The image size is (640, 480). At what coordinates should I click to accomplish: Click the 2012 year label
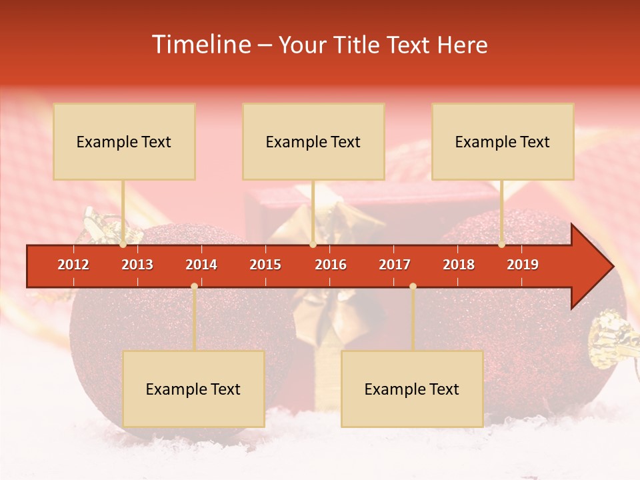(x=73, y=265)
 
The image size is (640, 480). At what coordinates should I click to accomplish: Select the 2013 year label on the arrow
(x=137, y=265)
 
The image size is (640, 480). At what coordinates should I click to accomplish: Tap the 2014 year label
(x=201, y=265)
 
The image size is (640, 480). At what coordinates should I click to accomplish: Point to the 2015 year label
(x=265, y=265)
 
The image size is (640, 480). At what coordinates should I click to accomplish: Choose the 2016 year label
(x=331, y=265)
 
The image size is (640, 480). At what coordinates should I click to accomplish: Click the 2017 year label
(x=395, y=265)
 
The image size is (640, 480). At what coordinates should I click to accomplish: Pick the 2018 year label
(x=459, y=265)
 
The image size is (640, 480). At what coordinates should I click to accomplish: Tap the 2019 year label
(x=523, y=265)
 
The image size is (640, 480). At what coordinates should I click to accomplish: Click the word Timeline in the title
(x=200, y=45)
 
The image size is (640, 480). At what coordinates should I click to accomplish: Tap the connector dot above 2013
(x=123, y=245)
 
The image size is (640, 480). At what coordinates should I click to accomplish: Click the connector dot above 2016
(x=313, y=245)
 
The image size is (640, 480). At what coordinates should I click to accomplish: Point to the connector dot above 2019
(x=502, y=245)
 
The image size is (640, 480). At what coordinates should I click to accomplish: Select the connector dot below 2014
(x=194, y=286)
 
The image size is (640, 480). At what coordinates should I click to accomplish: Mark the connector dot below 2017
(x=413, y=286)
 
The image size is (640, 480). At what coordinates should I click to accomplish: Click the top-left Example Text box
(x=124, y=141)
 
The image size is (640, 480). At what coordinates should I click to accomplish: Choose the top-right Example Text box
(x=503, y=141)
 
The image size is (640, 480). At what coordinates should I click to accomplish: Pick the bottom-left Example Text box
(x=193, y=389)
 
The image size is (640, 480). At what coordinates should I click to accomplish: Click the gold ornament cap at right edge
(x=611, y=337)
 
